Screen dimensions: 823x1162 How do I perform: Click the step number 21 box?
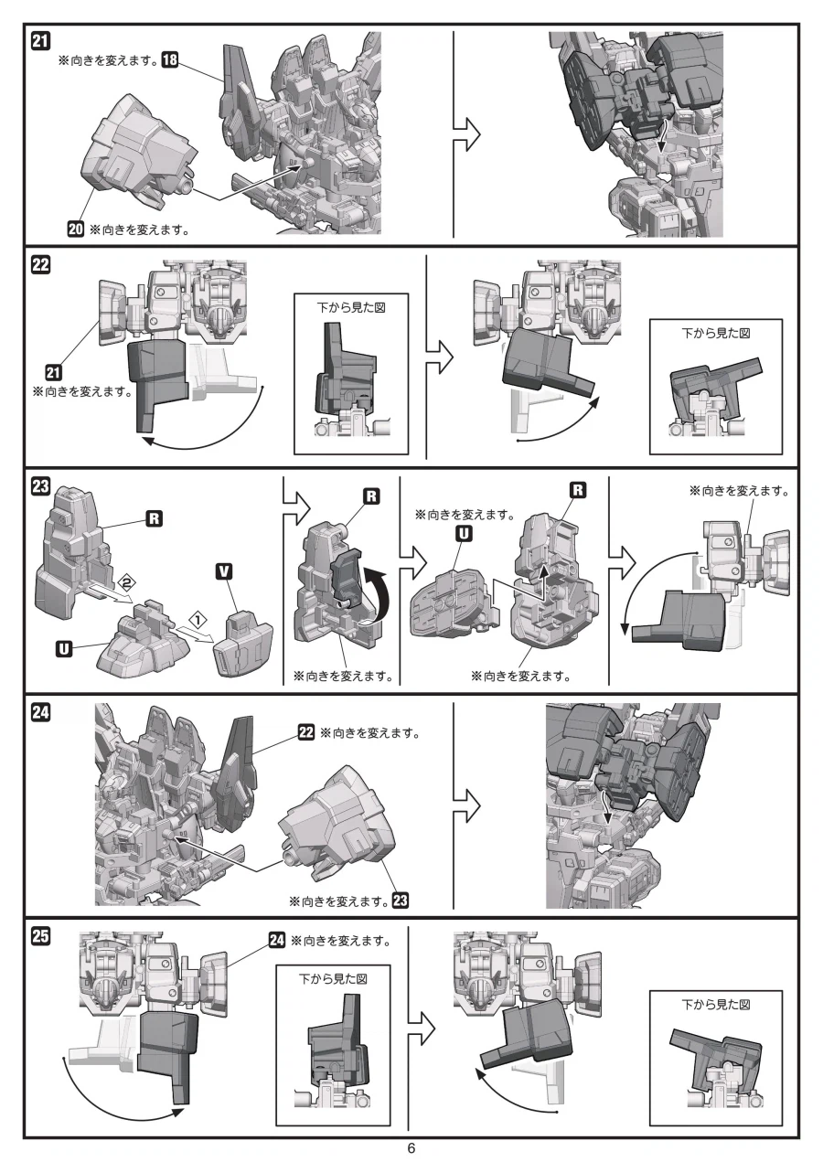click(x=40, y=41)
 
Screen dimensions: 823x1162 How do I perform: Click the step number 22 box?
click(x=40, y=265)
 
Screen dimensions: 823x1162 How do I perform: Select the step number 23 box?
click(x=40, y=486)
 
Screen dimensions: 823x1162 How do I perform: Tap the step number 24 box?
click(x=40, y=712)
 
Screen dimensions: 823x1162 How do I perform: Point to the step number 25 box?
click(x=40, y=936)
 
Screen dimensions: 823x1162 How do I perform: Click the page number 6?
click(x=411, y=1148)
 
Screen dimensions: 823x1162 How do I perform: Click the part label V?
click(x=224, y=571)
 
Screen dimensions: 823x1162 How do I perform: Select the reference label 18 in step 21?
click(x=170, y=59)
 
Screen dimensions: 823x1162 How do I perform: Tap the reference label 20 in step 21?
click(x=76, y=229)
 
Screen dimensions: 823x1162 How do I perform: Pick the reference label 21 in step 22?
click(x=53, y=372)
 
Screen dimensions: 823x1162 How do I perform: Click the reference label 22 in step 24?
click(x=306, y=732)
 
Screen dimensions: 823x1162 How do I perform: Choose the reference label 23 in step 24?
click(x=401, y=901)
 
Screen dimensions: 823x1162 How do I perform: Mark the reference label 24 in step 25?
click(x=277, y=940)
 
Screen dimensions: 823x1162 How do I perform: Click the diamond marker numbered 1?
click(x=198, y=619)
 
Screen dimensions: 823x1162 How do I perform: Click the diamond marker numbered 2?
click(x=126, y=583)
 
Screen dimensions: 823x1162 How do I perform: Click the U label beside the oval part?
click(x=464, y=534)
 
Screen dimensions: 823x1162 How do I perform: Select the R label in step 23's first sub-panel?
click(x=155, y=518)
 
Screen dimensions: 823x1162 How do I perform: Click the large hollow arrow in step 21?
click(x=466, y=134)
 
